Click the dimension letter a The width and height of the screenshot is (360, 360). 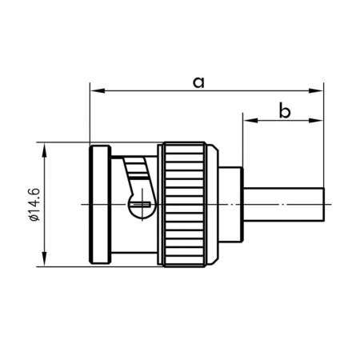[199, 81]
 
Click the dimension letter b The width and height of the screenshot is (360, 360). [284, 110]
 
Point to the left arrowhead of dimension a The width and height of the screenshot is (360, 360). [94, 91]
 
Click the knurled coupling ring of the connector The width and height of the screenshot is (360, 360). [187, 203]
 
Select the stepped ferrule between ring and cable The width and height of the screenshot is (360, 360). [230, 204]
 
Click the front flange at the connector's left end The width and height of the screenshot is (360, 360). [100, 203]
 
